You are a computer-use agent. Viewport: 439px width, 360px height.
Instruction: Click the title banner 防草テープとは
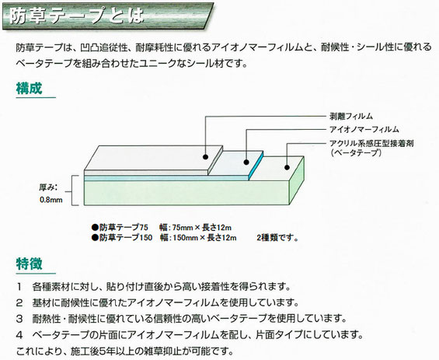coord(108,16)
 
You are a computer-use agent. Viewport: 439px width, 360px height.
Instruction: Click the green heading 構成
coord(29,88)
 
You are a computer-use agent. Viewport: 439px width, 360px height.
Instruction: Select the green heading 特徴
coord(29,264)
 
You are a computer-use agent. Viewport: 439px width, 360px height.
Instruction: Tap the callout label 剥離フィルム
coord(351,116)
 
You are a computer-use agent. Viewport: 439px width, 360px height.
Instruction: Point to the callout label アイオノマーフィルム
coord(364,129)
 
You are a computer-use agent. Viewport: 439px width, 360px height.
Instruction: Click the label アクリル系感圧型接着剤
coord(371,143)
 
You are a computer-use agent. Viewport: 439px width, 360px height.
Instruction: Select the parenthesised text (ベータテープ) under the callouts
coord(356,152)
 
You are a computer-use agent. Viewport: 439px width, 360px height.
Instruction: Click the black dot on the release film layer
coord(205,156)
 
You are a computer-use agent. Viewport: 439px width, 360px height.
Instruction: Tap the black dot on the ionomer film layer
coord(246,162)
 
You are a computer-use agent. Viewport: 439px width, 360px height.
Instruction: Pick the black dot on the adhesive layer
coord(287,167)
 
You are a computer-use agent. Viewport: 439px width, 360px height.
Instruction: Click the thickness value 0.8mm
coord(51,200)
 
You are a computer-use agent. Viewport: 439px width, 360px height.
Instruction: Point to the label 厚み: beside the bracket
coord(48,187)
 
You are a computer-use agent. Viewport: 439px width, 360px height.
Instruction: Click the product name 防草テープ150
coord(126,238)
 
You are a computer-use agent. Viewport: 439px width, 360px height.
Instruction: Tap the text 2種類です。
coord(277,238)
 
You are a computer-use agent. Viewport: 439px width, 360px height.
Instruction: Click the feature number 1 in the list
coord(19,287)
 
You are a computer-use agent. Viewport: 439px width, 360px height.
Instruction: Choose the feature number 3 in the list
coord(19,319)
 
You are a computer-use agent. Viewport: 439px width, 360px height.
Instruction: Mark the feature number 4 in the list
coord(19,334)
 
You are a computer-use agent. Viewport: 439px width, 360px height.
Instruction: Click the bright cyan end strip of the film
coord(256,166)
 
